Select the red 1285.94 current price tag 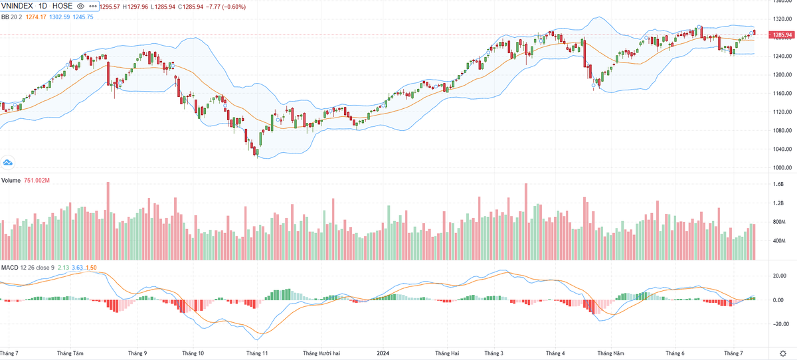(780, 35)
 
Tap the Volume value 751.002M (38, 181)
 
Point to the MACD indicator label (9, 267)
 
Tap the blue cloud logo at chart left (8, 162)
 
